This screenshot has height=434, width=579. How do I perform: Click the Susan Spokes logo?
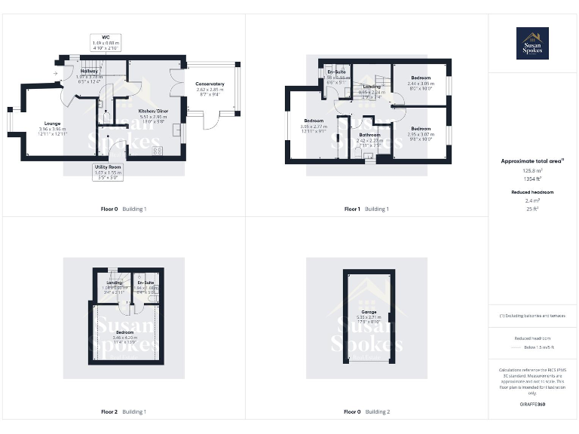(x=532, y=43)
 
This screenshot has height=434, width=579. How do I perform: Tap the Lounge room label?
(x=52, y=124)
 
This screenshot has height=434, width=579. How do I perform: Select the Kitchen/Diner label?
(x=153, y=111)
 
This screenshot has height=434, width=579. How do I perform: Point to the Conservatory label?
(x=210, y=84)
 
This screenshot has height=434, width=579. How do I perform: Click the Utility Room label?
(x=108, y=167)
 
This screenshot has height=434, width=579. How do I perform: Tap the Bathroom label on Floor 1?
(x=369, y=135)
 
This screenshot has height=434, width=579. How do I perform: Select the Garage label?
(x=369, y=311)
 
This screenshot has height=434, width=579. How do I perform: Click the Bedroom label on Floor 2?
(x=126, y=332)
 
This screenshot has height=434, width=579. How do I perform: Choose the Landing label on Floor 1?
(x=372, y=87)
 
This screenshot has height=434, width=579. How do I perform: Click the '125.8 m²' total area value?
(x=532, y=171)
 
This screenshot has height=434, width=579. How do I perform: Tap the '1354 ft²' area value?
(x=532, y=179)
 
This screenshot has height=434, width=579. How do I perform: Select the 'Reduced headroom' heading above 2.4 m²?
(x=532, y=193)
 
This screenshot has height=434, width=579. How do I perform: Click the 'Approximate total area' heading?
(x=532, y=161)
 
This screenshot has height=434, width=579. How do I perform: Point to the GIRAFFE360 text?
(x=532, y=405)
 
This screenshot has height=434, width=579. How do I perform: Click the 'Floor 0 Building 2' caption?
(x=367, y=412)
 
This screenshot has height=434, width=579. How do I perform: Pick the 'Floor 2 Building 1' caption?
(x=124, y=412)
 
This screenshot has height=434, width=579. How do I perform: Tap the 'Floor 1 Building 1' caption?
(x=367, y=209)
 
